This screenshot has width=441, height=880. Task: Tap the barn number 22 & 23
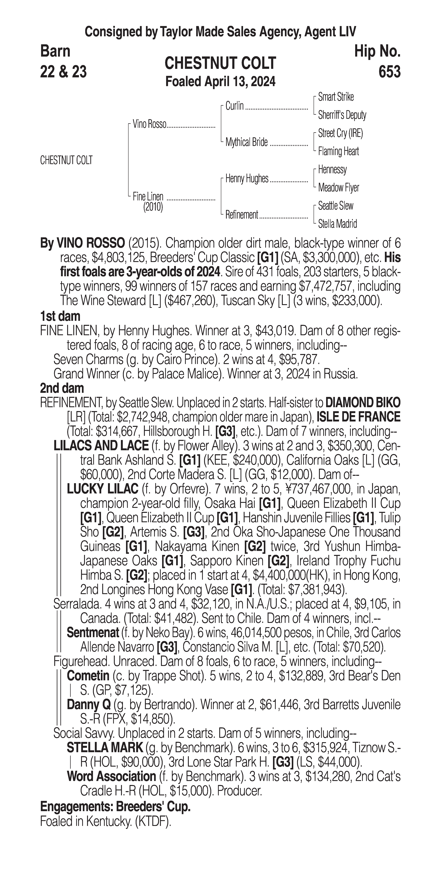(x=63, y=72)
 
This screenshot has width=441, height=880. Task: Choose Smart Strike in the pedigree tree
(x=336, y=97)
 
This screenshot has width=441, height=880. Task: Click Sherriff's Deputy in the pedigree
(x=342, y=115)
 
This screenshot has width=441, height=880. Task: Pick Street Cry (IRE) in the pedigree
(x=340, y=133)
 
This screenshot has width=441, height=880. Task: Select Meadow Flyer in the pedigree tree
(x=338, y=188)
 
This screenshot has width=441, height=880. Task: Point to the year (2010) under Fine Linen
(x=153, y=207)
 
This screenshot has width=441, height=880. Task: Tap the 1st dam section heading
(x=60, y=316)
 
